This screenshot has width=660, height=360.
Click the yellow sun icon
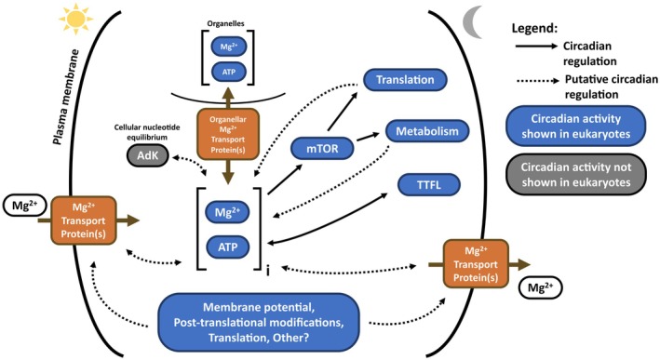75,19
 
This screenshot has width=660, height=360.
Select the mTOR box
322,149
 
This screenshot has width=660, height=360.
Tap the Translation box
405,80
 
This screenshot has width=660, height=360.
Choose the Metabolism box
427,131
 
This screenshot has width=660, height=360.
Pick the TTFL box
429,184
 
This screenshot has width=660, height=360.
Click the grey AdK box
147,155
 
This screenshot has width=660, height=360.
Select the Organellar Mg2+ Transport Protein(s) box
228,134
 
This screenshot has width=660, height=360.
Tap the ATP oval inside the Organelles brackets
229,72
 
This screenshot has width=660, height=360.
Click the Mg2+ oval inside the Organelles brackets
229,47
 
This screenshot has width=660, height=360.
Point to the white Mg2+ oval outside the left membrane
25,207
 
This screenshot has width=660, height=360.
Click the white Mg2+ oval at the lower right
541,287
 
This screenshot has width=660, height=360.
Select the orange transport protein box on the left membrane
84,220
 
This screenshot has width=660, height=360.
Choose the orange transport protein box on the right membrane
476,264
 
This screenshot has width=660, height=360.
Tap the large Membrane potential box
259,323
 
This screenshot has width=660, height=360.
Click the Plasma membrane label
66,97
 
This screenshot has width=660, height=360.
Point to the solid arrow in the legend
536,47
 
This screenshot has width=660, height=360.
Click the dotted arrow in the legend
537,80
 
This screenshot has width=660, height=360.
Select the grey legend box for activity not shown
576,175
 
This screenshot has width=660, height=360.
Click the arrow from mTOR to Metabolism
368,138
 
